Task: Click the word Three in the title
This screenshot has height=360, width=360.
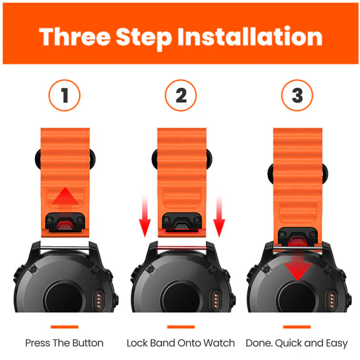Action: (75, 37)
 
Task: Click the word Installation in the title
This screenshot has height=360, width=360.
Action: (250, 36)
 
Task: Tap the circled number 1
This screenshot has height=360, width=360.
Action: (64, 95)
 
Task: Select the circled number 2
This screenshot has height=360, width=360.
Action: (181, 95)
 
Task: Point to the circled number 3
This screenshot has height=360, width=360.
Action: (297, 95)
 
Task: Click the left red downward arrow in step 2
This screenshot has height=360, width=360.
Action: (145, 216)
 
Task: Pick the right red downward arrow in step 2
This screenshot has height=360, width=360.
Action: (219, 216)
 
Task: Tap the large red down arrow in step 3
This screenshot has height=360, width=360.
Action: (298, 264)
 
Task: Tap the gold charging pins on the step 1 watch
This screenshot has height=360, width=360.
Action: (99, 301)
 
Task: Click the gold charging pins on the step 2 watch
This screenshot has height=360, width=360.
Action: (216, 301)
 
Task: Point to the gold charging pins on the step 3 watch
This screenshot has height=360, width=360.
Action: (332, 301)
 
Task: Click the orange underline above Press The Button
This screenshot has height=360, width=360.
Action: (64, 327)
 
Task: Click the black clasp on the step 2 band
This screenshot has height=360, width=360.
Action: (182, 221)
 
